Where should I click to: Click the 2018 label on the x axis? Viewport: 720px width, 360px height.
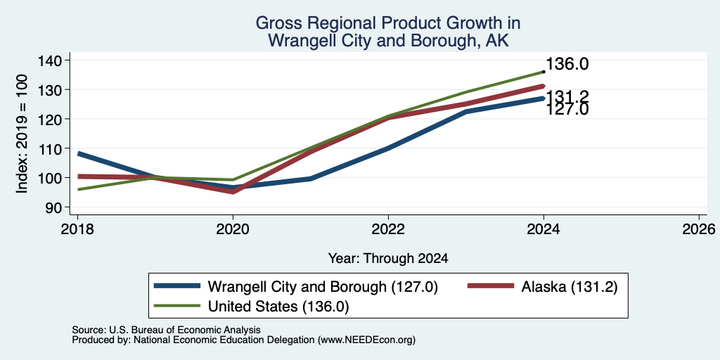(77, 229)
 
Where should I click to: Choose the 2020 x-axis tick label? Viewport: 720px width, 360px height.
(233, 229)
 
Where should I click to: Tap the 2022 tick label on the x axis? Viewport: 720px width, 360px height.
(388, 229)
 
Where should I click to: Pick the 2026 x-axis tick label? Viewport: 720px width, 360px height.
(699, 229)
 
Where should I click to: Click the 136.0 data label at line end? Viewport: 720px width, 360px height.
(567, 64)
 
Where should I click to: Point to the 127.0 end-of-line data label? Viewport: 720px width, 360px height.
(567, 109)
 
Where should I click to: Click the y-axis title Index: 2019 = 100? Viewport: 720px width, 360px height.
(22, 134)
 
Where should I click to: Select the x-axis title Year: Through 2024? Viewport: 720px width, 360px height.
(388, 259)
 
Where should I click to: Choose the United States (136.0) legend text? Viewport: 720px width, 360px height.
(278, 307)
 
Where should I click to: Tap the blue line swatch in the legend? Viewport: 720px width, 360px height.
(177, 285)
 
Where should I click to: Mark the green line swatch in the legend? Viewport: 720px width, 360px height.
(177, 305)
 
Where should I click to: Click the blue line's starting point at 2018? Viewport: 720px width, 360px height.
(78, 153)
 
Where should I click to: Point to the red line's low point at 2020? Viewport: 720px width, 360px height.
(233, 191)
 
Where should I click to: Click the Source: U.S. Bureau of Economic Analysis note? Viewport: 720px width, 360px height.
(166, 330)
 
